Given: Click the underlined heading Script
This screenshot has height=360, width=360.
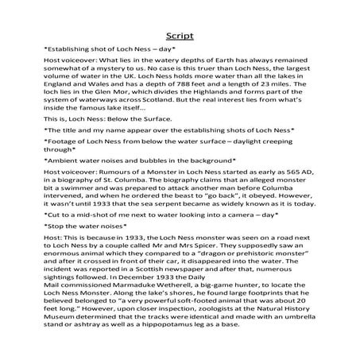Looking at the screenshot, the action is coord(180,36).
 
